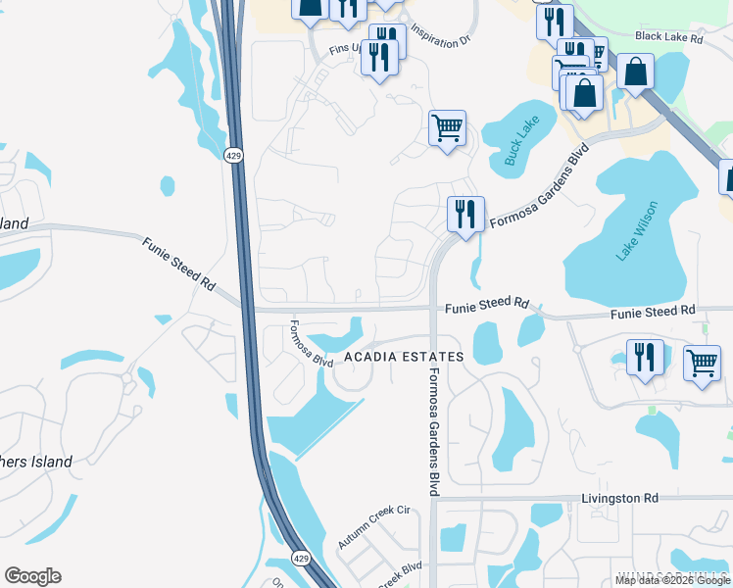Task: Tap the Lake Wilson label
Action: tap(637, 231)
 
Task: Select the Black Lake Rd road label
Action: tap(669, 37)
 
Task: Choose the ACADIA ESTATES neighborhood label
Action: tap(403, 357)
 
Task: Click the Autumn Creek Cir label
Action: tap(373, 527)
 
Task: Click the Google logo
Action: tap(32, 576)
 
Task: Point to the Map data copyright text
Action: tap(673, 580)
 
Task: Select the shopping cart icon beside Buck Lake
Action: tap(447, 127)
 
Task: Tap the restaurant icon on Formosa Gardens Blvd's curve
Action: tap(464, 215)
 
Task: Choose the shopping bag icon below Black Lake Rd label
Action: tap(636, 72)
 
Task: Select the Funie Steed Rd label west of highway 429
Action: tap(177, 263)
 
